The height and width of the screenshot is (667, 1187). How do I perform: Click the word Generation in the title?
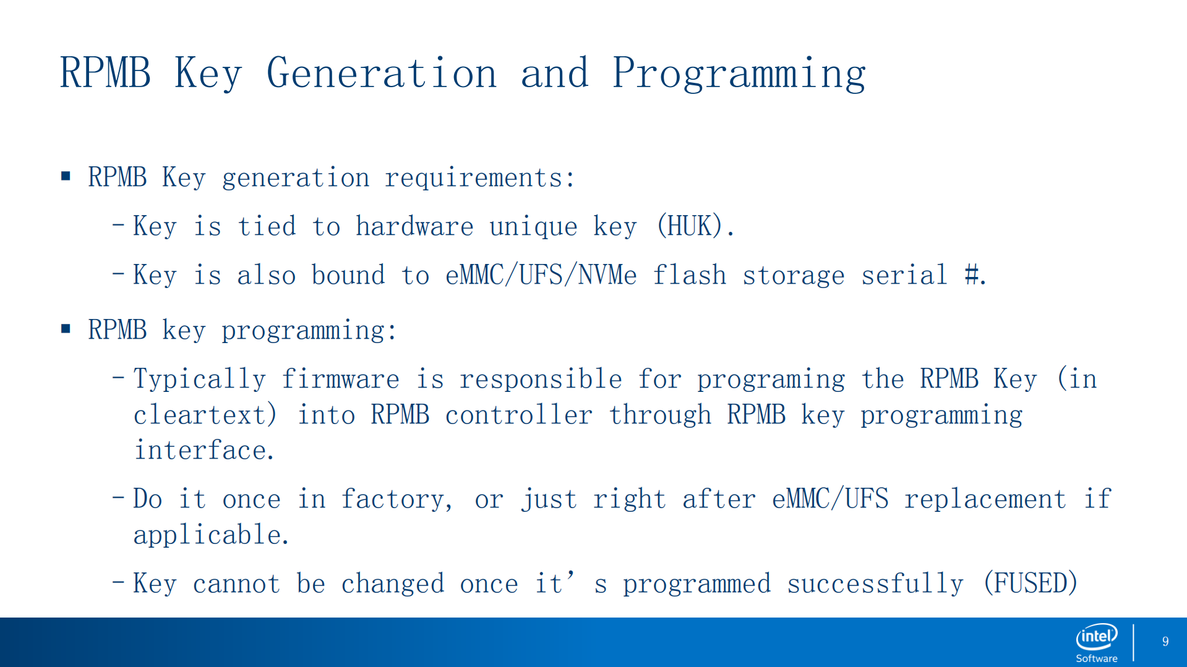coord(382,73)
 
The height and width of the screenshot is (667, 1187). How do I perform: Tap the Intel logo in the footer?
coord(1097,636)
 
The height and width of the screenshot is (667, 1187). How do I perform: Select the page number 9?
coord(1165,642)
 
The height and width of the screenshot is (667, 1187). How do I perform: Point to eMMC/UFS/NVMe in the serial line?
coord(541,275)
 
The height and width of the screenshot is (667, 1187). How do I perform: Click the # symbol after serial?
coord(972,274)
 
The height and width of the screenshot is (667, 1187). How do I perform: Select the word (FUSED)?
coord(1031,583)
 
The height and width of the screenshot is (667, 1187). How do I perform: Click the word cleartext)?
coord(205,414)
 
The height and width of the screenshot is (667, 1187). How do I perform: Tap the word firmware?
coord(340,378)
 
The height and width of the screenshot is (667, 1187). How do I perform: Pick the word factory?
coord(396,499)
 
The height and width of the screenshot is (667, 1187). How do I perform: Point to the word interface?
coord(204,450)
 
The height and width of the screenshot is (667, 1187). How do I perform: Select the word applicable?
coord(210,535)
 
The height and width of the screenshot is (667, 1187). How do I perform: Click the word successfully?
coord(875,584)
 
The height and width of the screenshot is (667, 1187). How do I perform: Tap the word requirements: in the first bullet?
coord(480,178)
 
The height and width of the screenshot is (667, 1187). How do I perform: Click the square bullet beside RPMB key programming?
coord(66,329)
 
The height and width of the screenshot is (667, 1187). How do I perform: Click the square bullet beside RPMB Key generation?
coord(66,177)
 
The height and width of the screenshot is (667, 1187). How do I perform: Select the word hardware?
coord(414,226)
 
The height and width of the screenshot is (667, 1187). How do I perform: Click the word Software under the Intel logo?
coord(1097,658)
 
